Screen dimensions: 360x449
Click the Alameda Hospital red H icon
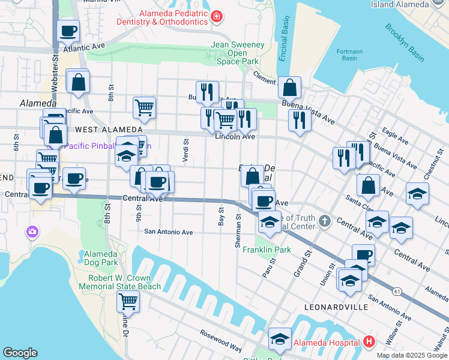pos(369,343)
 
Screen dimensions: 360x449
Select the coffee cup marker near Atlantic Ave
pos(68,30)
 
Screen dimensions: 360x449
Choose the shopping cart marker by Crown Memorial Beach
pos(128,301)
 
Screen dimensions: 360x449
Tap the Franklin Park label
pos(267,250)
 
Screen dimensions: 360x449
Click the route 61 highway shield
pos(397,291)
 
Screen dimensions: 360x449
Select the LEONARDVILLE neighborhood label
pos(336,307)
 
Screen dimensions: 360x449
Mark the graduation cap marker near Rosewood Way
pos(280,338)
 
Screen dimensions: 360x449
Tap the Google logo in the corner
pos(20,353)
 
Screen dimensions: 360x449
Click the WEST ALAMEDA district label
pos(101,130)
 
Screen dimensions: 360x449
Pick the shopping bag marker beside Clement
pos(289,88)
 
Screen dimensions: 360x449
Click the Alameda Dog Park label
pos(101,258)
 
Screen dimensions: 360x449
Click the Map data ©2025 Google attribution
pos(412,355)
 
